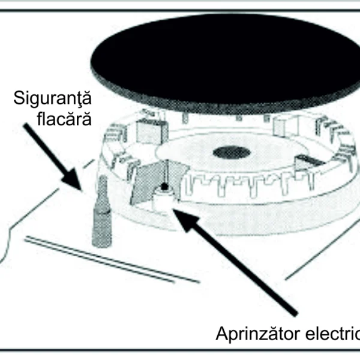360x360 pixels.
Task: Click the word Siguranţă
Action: (x=53, y=99)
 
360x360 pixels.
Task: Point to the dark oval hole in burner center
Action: (x=232, y=152)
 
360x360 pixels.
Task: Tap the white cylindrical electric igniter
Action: (x=163, y=198)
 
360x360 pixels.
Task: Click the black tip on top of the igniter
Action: (x=164, y=187)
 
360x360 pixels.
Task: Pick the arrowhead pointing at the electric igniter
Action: (x=186, y=218)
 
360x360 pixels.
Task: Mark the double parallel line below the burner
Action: (x=112, y=259)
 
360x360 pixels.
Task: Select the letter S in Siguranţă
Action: (x=19, y=98)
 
